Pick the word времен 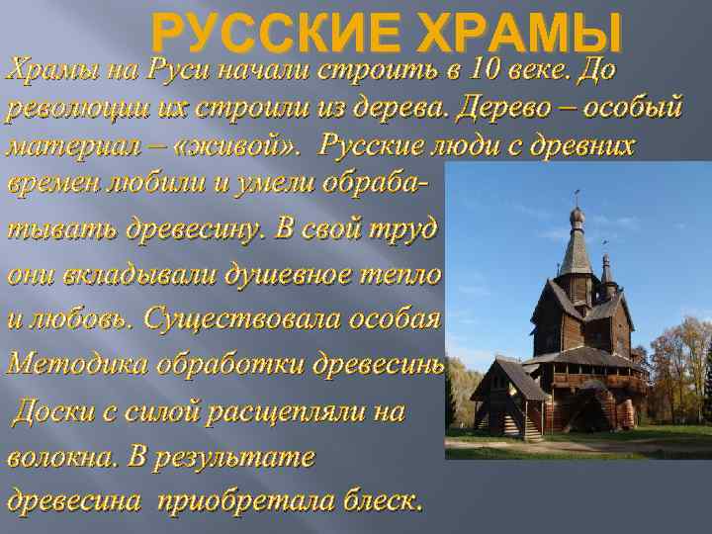50,184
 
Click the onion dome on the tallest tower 578,217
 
